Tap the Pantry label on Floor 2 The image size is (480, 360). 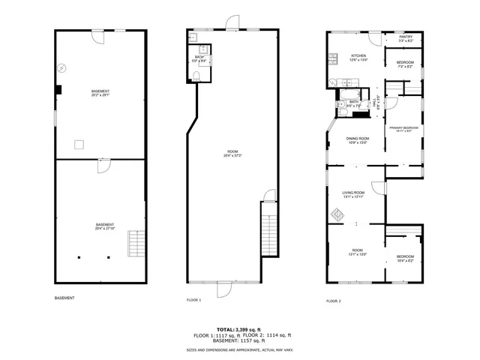[x=405, y=37]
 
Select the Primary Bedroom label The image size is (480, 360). [x=403, y=128]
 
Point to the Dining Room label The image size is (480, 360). [x=357, y=139]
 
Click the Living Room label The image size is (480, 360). [x=353, y=193]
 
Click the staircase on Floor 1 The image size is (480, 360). [x=268, y=232]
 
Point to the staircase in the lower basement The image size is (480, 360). [x=135, y=242]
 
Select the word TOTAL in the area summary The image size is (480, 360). [x=225, y=329]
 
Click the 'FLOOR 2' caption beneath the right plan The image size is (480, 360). [x=333, y=300]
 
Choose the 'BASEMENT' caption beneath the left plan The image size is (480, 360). [x=64, y=298]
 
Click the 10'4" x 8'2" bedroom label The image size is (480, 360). [x=404, y=260]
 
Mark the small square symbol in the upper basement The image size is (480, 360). [x=58, y=89]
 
